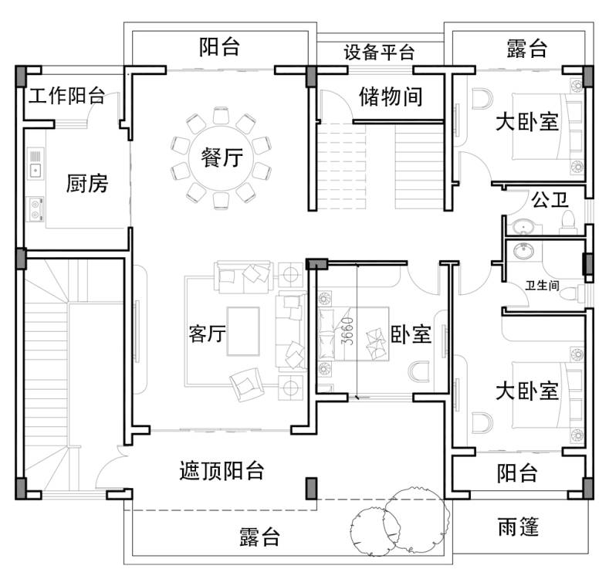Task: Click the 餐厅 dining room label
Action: [222, 158]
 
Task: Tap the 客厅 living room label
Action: [207, 334]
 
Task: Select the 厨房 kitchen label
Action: [87, 184]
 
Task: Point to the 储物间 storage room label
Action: [391, 97]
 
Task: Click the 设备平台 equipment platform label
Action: [379, 52]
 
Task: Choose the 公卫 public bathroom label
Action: [550, 200]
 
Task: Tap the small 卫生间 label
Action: [542, 286]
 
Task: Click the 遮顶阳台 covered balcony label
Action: [222, 471]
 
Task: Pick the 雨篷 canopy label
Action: [518, 527]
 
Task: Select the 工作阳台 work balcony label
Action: [66, 96]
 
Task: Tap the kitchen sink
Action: [36, 163]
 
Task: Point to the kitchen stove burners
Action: [35, 209]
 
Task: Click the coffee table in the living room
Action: [243, 331]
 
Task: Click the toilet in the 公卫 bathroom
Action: [568, 222]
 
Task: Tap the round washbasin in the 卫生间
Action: [523, 251]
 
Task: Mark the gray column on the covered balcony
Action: [312, 489]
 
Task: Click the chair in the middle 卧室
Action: [418, 371]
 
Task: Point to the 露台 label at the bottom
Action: [259, 537]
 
